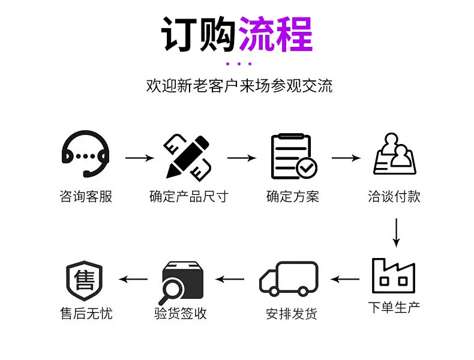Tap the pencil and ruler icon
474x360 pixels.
pyautogui.click(x=187, y=157)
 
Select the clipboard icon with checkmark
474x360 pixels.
pyautogui.click(x=293, y=156)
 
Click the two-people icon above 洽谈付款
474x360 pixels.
pyautogui.click(x=395, y=154)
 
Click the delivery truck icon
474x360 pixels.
pyautogui.click(x=289, y=278)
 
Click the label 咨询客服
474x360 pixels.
pyautogui.click(x=86, y=196)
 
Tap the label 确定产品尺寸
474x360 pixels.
pyautogui.click(x=189, y=196)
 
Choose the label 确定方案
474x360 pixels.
pyautogui.click(x=293, y=196)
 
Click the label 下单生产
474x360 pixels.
pyautogui.click(x=394, y=307)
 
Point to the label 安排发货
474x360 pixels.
pyautogui.click(x=292, y=314)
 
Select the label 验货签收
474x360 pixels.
pyautogui.click(x=181, y=313)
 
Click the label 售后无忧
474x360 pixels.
pyautogui.click(x=86, y=313)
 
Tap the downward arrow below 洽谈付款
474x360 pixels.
pyautogui.click(x=396, y=233)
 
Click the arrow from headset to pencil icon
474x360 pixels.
pyautogui.click(x=140, y=158)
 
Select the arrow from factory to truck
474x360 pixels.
pyautogui.click(x=345, y=279)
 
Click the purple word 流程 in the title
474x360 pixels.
pyautogui.click(x=275, y=34)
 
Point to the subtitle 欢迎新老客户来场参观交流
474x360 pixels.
pyautogui.click(x=239, y=86)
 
